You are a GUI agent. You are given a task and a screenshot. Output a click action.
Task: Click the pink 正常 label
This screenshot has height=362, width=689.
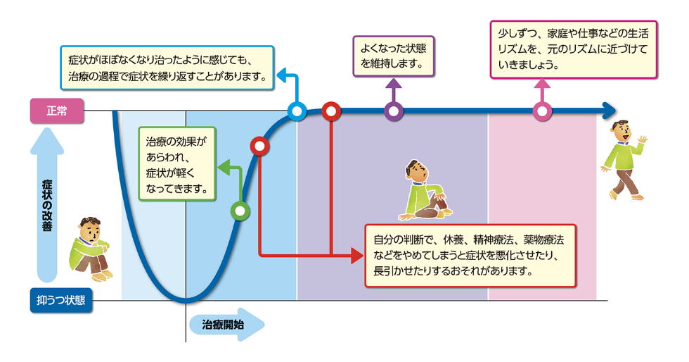click(x=56, y=111)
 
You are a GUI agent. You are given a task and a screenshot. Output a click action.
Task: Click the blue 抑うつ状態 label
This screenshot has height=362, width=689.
click(x=61, y=300)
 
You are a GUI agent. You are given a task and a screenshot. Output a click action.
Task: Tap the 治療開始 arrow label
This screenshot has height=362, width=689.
click(x=225, y=325)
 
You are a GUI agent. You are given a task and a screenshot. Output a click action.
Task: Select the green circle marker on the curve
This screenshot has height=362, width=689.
click(x=240, y=211)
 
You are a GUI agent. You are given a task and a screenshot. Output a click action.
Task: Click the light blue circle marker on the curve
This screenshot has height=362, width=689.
click(x=297, y=111)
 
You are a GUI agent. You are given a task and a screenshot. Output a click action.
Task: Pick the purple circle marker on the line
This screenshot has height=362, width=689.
click(x=394, y=111)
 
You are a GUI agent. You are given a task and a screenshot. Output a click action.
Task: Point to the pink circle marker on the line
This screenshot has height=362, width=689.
click(x=541, y=111)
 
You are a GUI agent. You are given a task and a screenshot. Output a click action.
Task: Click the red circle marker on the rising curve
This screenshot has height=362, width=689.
click(x=259, y=146)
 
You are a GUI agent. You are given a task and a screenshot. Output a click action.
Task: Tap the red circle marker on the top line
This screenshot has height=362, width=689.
click(x=330, y=111)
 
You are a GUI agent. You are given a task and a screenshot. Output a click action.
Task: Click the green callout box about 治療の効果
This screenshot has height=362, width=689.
click(x=176, y=163)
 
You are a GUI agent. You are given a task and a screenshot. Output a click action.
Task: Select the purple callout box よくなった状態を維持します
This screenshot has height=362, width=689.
click(x=393, y=56)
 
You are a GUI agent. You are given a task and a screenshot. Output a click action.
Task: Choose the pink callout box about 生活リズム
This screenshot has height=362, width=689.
click(x=573, y=48)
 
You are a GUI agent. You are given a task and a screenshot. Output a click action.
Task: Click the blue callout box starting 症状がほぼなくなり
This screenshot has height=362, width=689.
click(x=167, y=68)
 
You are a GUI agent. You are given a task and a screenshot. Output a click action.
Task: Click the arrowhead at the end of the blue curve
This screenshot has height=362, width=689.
click(x=609, y=111)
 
